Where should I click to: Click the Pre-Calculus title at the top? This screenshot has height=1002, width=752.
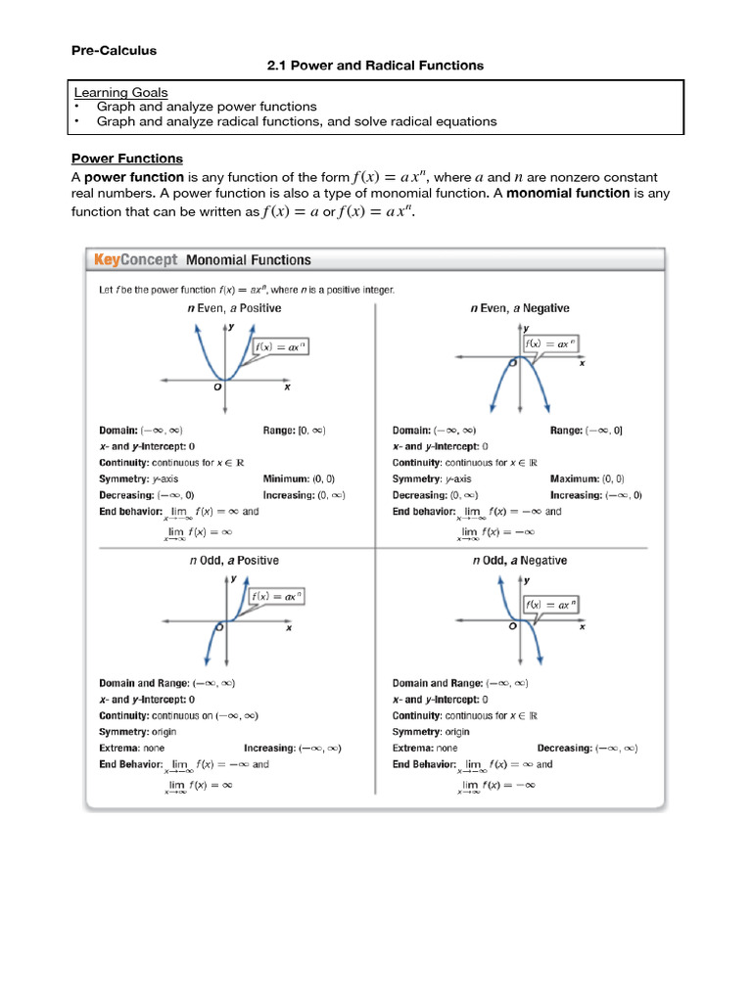114,50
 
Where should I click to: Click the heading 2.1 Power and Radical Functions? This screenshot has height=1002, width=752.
376,66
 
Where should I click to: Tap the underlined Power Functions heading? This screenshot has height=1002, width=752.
127,159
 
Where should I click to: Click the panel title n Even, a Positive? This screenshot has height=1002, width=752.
234,308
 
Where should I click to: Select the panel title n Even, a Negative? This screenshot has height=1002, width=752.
519,308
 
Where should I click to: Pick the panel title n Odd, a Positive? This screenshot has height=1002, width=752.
234,561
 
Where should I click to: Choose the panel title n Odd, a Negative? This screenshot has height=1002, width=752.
519,561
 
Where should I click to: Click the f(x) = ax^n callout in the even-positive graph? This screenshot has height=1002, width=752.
280,347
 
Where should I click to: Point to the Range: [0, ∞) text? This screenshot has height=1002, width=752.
294,431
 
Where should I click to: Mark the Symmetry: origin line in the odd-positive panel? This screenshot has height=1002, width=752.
137,732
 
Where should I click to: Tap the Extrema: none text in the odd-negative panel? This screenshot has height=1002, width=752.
425,749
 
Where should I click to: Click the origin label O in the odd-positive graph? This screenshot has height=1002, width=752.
220,625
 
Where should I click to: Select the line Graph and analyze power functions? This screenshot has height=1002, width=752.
207,106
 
